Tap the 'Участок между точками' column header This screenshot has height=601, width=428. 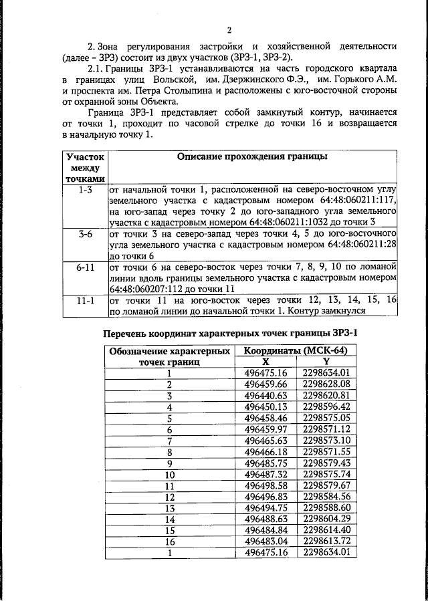pyautogui.click(x=85, y=167)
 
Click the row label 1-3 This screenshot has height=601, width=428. pyautogui.click(x=85, y=190)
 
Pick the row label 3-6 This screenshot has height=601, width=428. pyautogui.click(x=85, y=235)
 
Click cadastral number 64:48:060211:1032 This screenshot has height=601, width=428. pyautogui.click(x=295, y=221)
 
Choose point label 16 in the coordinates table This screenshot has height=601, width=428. pyautogui.click(x=170, y=541)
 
